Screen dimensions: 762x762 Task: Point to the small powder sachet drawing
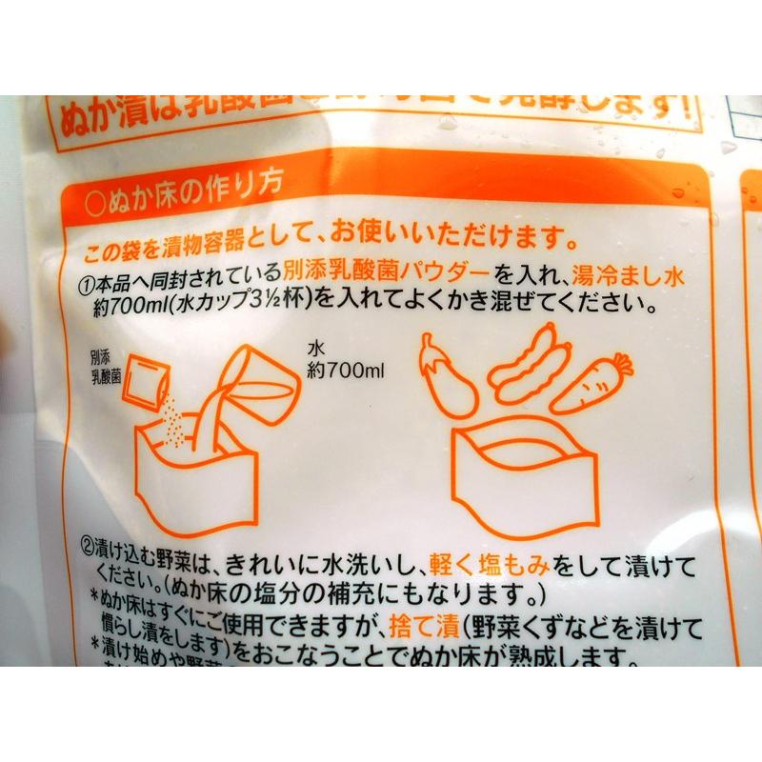pyautogui.click(x=150, y=380)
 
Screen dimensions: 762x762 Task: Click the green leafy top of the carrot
pyautogui.click(x=621, y=361)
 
